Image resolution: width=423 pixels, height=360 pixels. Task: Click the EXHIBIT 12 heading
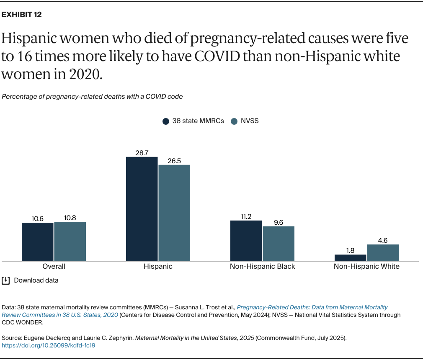[x=22, y=15]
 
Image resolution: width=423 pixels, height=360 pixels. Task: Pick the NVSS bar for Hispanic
[x=174, y=213]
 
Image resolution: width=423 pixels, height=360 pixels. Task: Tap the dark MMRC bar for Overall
[x=38, y=242]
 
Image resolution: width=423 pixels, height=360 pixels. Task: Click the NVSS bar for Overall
[x=70, y=241]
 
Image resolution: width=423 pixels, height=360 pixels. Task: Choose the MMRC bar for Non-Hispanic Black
[x=246, y=241]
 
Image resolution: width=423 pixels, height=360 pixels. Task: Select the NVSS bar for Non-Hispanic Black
[x=279, y=244]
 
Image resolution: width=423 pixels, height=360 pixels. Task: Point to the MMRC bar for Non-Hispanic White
[x=350, y=257]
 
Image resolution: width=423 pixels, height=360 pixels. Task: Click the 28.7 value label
[x=142, y=153]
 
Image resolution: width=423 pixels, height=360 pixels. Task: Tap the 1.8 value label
[x=350, y=250]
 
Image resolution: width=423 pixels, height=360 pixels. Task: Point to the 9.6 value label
[x=279, y=222]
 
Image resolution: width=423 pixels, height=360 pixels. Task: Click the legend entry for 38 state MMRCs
[x=193, y=121]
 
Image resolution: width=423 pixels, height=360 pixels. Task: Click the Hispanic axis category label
[x=158, y=266]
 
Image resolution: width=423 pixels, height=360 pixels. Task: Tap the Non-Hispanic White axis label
[x=366, y=266]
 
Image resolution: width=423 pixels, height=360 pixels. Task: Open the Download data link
[x=36, y=280]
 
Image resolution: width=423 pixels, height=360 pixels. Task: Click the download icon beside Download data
[x=5, y=280]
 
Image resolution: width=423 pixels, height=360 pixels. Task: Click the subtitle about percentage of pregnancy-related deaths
[x=92, y=96]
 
